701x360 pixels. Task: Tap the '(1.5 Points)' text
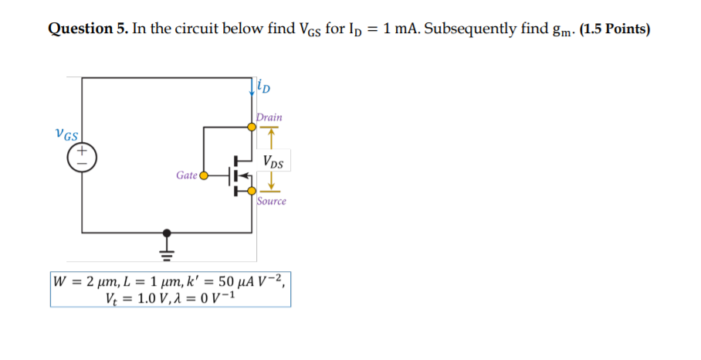[614, 29]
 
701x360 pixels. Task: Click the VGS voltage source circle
[81, 157]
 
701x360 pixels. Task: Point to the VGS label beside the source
[66, 134]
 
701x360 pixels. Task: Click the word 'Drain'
[269, 117]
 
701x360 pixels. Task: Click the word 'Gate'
[187, 175]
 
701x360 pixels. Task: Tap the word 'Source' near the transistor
[271, 201]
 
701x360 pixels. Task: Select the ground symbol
[165, 249]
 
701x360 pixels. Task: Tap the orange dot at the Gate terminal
[204, 175]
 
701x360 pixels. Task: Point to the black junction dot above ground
[165, 232]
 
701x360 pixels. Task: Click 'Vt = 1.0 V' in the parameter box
[134, 297]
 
